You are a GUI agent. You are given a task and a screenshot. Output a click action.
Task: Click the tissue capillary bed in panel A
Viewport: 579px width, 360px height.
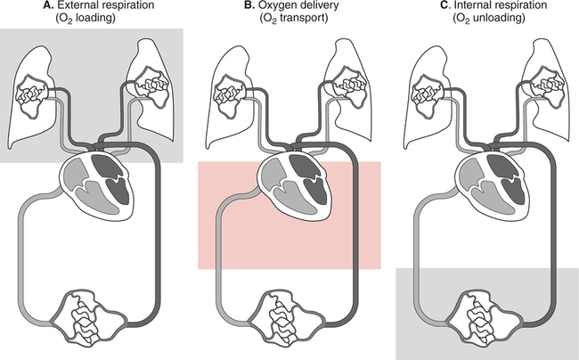94,321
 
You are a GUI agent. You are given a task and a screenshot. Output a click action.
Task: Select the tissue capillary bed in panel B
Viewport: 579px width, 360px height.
290,321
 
